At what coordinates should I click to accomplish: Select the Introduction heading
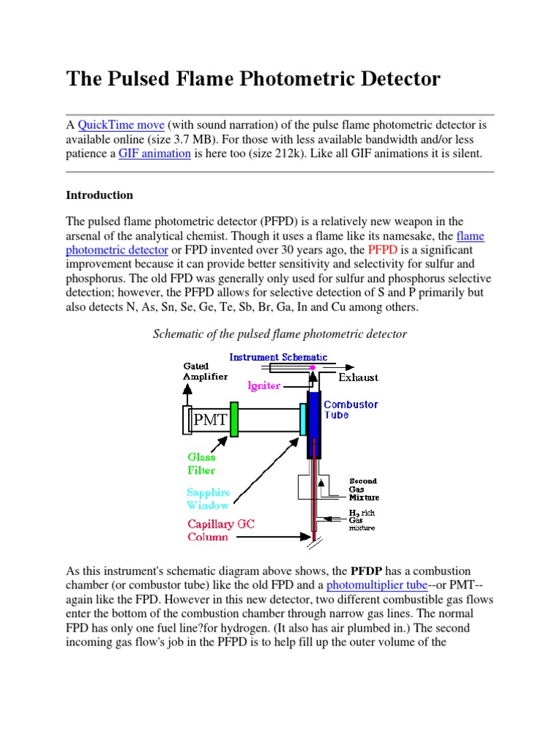[99, 195]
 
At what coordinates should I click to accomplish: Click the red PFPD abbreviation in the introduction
[383, 250]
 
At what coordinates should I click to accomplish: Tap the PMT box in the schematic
[210, 419]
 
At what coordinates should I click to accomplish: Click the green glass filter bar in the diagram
[234, 419]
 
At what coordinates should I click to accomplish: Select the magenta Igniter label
[263, 385]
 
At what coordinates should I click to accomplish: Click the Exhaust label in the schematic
[358, 377]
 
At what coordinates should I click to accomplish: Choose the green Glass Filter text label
[201, 463]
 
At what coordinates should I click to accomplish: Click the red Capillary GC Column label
[221, 530]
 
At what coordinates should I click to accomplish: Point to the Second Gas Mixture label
[363, 489]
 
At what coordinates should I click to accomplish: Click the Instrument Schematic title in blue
[278, 357]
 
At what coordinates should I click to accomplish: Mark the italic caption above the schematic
[279, 334]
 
